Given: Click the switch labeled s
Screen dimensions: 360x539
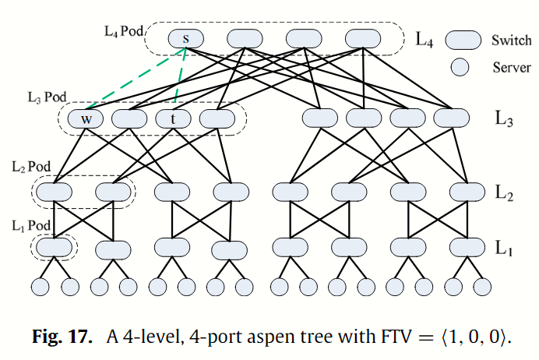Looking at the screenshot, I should point(185,38).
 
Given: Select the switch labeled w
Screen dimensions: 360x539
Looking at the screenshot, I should point(86,119).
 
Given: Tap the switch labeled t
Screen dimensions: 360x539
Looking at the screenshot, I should point(174,119).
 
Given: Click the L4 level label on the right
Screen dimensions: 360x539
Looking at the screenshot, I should point(425,39).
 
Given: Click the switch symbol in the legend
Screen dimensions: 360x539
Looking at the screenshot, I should point(463,40).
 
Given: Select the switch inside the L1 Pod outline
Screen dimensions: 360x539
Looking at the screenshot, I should point(53,248).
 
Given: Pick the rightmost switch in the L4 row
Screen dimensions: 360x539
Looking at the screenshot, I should point(363,38).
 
